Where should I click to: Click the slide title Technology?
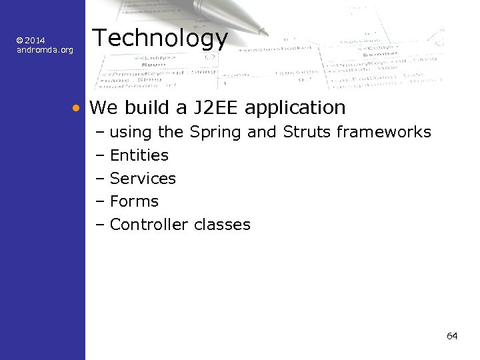point(159,39)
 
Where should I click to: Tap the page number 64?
point(452,335)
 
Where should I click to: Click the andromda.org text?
point(45,50)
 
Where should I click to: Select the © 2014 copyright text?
point(31,41)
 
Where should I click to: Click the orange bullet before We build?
point(77,107)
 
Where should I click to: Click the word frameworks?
point(383,132)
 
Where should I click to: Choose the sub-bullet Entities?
point(139,155)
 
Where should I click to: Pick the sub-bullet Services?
point(143,179)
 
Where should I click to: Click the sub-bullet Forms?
point(134,201)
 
